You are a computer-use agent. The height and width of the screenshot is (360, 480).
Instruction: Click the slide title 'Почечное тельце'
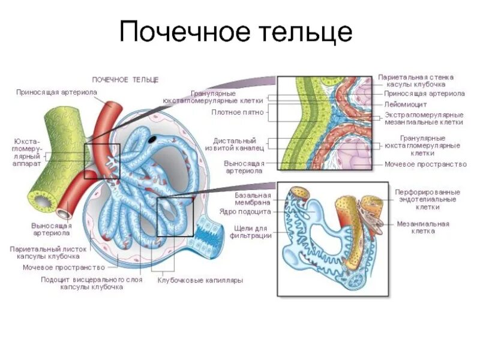point(236,31)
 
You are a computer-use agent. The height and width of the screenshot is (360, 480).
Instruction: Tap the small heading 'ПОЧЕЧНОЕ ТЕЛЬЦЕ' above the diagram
point(125,79)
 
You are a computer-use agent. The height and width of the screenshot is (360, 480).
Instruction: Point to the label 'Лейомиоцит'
point(405,104)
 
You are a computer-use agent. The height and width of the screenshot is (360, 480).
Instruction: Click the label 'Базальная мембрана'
point(253,199)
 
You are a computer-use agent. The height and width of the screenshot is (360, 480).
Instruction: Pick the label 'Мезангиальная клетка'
point(423,227)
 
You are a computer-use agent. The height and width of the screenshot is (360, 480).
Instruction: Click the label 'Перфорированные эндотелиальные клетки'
point(427,199)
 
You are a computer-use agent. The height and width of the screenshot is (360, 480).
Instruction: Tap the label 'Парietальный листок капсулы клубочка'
point(49,252)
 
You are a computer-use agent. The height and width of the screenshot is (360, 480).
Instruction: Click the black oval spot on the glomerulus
point(153,139)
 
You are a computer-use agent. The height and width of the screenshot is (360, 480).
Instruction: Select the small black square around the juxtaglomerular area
point(102,161)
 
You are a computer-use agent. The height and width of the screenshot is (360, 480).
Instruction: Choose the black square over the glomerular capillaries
point(175,217)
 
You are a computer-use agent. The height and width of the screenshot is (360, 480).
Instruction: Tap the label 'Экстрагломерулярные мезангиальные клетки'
point(424,118)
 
